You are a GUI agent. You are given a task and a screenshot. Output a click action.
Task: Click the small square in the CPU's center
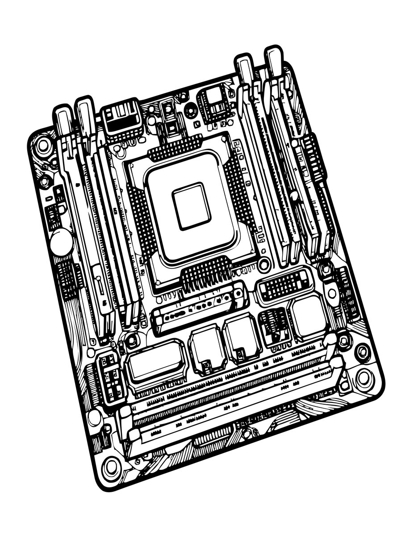(x=191, y=206)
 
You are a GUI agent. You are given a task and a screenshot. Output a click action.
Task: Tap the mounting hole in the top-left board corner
(x=43, y=145)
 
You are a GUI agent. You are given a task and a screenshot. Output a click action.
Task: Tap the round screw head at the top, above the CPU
(x=190, y=108)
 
